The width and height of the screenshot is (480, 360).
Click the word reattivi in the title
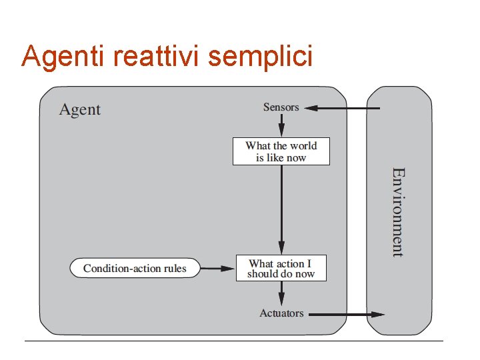(x=157, y=57)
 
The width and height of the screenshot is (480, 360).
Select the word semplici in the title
(x=260, y=58)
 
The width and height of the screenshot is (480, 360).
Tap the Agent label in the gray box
(x=80, y=110)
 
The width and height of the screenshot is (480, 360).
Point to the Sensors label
(x=281, y=107)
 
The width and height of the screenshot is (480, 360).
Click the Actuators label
(x=281, y=313)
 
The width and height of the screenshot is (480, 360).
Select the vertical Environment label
(x=398, y=212)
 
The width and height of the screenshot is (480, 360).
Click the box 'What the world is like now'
(x=281, y=151)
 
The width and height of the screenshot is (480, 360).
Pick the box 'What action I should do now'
(x=281, y=268)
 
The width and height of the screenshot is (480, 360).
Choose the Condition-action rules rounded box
(x=135, y=269)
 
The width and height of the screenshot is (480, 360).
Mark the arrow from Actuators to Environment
(x=347, y=314)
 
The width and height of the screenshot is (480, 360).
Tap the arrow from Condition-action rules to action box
(x=219, y=269)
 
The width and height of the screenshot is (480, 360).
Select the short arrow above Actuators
(x=281, y=292)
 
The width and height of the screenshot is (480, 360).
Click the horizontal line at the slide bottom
(x=233, y=341)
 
